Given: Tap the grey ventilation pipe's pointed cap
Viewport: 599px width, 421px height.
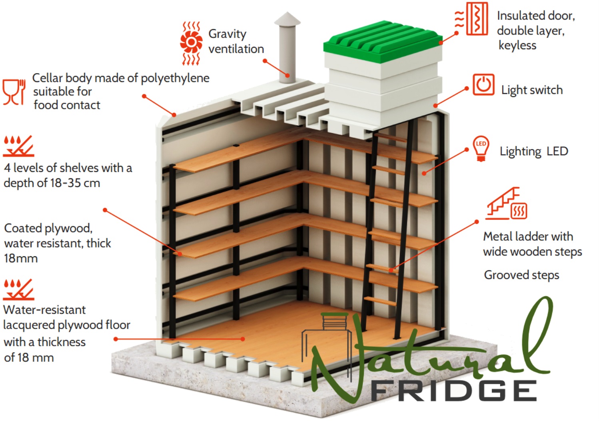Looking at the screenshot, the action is pos(287,19).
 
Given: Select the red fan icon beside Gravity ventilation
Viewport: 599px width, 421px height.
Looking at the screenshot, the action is pos(191,43).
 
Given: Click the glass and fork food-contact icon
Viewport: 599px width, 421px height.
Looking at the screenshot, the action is pos(14,92).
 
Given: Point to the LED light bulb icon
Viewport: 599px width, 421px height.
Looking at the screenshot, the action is pos(481,149).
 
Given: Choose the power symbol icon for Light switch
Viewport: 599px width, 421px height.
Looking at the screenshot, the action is pos(483,85).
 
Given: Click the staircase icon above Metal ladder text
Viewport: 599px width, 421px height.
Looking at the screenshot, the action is pos(506,204).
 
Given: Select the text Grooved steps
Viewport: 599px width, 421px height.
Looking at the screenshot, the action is pos(521,275).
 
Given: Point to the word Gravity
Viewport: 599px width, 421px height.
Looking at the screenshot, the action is pos(227,34).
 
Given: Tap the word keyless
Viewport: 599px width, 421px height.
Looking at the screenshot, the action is pos(517,46).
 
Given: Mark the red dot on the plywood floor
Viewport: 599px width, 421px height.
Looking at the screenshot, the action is pos(243,339).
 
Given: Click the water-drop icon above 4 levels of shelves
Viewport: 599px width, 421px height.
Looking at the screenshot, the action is pos(18,146).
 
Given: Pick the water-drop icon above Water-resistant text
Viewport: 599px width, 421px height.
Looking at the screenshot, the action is pos(18,289).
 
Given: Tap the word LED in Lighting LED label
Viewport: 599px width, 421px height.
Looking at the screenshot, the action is pos(557,151).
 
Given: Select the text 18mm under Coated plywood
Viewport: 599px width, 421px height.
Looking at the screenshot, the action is pos(21,259).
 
